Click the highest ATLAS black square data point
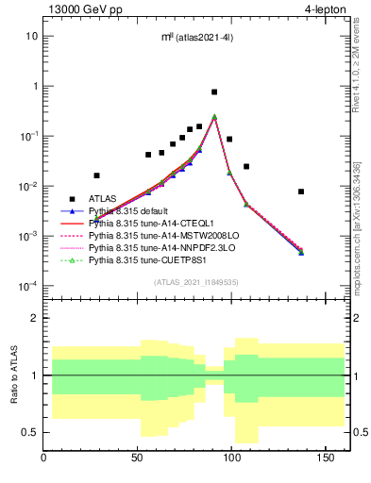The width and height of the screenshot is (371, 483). [x=214, y=92]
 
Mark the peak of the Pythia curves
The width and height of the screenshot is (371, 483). [x=214, y=117]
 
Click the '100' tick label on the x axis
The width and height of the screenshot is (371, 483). [x=232, y=459]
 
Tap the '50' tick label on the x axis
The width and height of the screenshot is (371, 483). [x=139, y=459]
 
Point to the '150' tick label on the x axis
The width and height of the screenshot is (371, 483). [x=326, y=459]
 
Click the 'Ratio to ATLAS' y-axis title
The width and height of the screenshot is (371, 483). [x=12, y=375]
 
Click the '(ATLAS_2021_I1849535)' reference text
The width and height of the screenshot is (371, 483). [x=194, y=282]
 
